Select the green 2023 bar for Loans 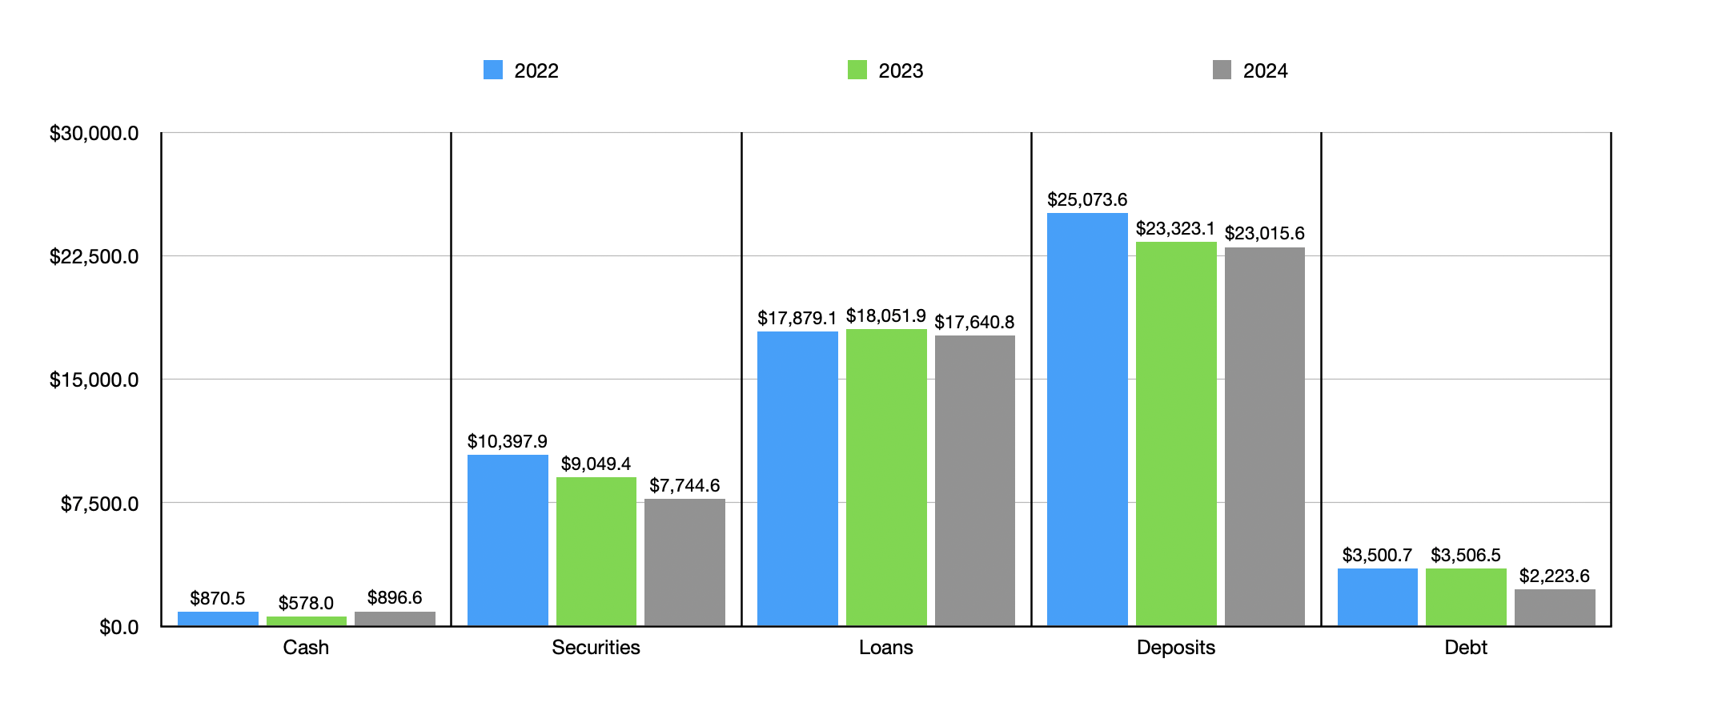point(885,477)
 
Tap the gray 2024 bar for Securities point(684,562)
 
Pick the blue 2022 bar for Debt point(1377,596)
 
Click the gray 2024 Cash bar point(395,619)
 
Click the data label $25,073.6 point(1086,199)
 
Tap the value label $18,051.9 point(885,316)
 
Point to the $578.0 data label point(306,603)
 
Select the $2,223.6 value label point(1554,576)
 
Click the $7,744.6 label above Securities point(684,485)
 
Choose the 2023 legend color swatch point(857,70)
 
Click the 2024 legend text point(1265,71)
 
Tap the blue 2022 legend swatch point(493,70)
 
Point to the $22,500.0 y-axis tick point(94,256)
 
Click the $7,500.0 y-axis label point(99,504)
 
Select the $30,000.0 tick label point(94,133)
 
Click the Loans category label point(885,647)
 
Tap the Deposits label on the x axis point(1175,647)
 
